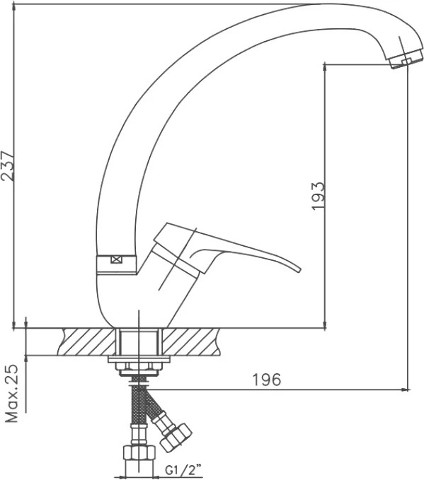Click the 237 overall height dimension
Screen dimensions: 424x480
pyautogui.click(x=7, y=165)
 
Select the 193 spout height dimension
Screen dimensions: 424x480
pyautogui.click(x=318, y=196)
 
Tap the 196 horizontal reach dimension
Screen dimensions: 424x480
pyautogui.click(x=266, y=380)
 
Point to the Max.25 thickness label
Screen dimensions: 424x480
pyautogui.click(x=12, y=393)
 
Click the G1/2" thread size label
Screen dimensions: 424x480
pyautogui.click(x=184, y=469)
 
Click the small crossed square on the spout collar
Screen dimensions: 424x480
pyautogui.click(x=116, y=260)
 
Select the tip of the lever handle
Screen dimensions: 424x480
pyautogui.click(x=299, y=270)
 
